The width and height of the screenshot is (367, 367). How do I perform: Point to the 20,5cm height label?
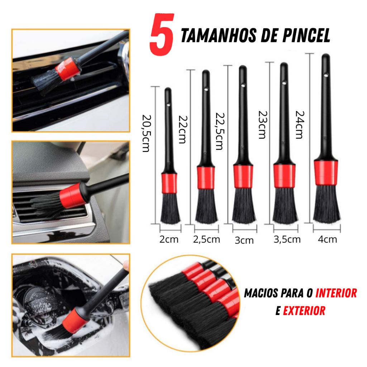coord(147,133)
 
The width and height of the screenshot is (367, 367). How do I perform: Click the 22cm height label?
coord(183,129)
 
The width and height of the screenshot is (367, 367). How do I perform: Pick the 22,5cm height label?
coord(220,131)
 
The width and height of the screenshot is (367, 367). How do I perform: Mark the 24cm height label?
coord(300,125)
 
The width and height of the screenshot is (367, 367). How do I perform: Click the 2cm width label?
coord(169,239)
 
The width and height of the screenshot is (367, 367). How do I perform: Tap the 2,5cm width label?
coord(206,239)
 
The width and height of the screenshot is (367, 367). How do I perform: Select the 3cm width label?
coord(244,240)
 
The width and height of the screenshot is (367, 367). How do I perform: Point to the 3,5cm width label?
coord(287,239)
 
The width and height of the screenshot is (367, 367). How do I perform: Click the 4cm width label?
coord(328,239)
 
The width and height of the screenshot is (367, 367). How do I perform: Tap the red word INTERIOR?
coord(336,293)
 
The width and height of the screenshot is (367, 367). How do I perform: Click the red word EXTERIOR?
coord(304,311)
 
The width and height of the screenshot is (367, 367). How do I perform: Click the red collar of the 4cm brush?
coord(326,173)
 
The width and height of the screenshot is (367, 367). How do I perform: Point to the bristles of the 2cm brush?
coord(170,208)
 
